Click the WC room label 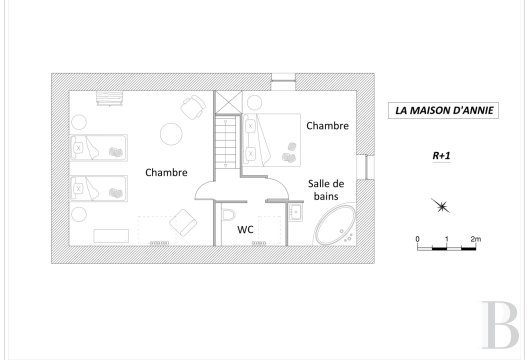tap(246, 231)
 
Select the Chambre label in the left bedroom tap(166, 172)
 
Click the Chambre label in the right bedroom tap(327, 126)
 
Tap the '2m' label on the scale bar tap(476, 239)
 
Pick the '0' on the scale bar tap(417, 239)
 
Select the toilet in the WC tap(228, 217)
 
